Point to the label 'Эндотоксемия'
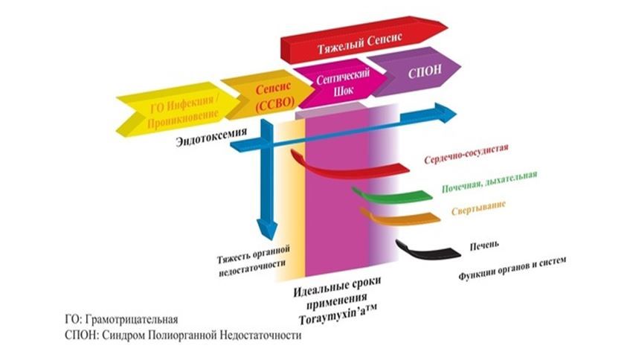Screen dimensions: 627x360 [x=211, y=137]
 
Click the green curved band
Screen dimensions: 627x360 [x=392, y=196]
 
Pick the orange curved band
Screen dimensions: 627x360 [x=400, y=217]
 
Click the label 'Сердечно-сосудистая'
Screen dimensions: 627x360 [x=466, y=154]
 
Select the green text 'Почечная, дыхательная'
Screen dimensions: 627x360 [x=489, y=181]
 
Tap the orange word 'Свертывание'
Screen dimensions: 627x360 [x=479, y=208]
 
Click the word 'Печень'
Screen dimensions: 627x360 [x=484, y=245]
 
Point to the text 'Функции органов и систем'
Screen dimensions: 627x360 [x=512, y=269]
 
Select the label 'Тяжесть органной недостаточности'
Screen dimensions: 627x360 [x=254, y=261]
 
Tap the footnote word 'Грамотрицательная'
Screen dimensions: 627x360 [x=132, y=320]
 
